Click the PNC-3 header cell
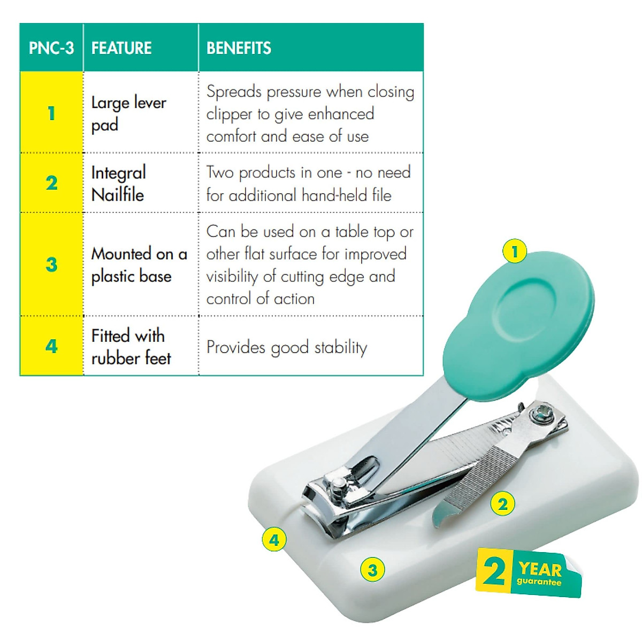[51, 48]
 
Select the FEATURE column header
[121, 48]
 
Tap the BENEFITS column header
[239, 48]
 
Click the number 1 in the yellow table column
[51, 113]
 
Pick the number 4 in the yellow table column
[51, 346]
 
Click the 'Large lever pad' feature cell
[128, 113]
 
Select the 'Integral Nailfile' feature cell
[119, 184]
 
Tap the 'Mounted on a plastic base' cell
[139, 265]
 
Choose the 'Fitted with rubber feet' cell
[130, 347]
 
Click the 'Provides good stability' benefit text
[287, 348]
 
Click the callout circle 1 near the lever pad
[515, 251]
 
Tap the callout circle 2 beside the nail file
[502, 504]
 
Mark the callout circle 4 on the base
[274, 540]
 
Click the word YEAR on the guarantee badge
[540, 569]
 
